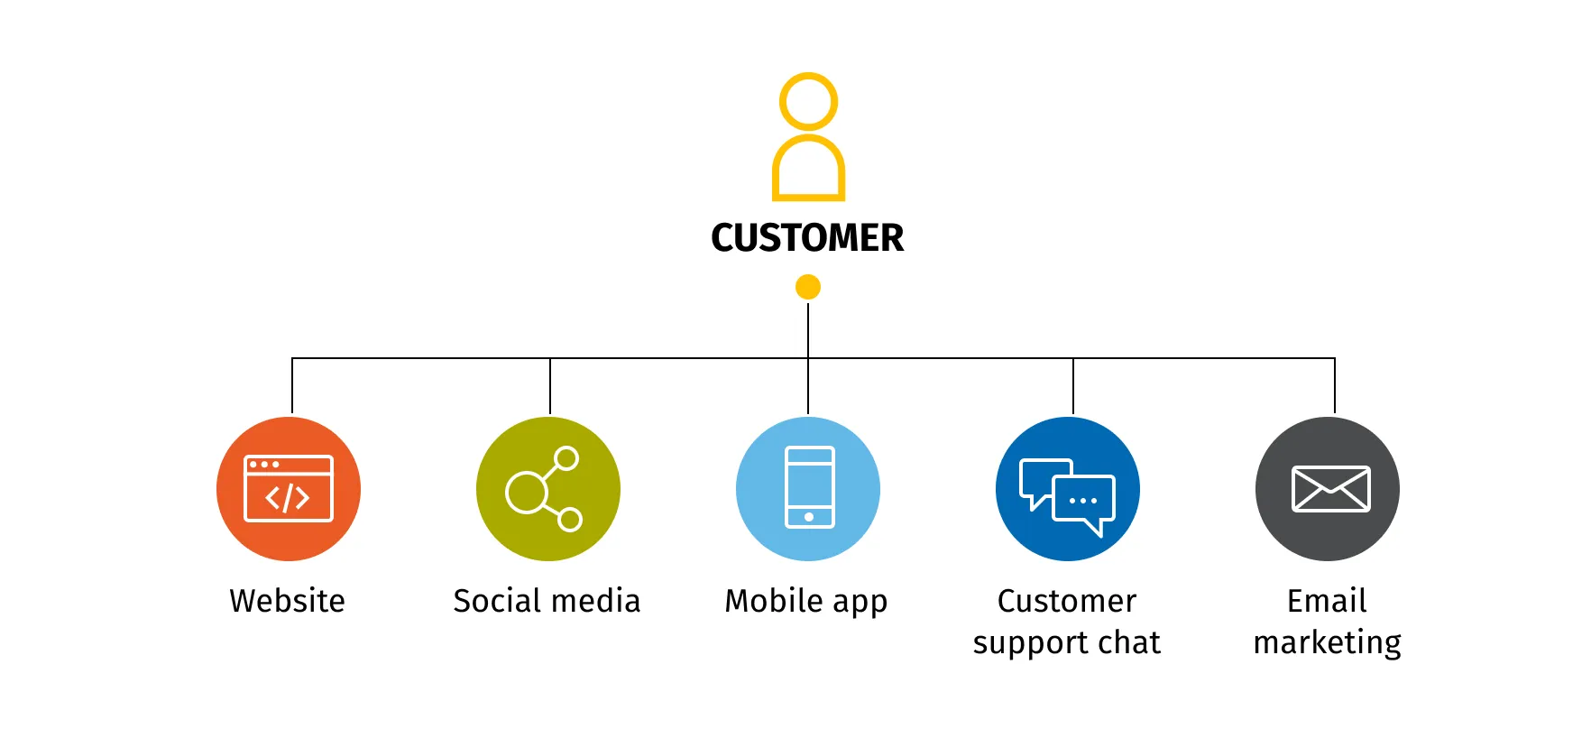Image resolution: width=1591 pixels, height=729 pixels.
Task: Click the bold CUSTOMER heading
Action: (x=807, y=238)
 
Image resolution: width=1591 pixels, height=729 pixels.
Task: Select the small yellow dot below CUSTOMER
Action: (x=808, y=287)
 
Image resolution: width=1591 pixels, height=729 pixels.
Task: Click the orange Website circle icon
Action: (x=289, y=489)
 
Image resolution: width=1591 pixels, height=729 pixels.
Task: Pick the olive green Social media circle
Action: (x=548, y=489)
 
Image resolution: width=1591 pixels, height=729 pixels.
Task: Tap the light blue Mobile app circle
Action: (x=808, y=489)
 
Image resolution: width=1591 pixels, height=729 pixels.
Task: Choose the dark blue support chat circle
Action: (x=1068, y=489)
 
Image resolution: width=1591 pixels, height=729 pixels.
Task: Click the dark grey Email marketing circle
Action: (x=1328, y=489)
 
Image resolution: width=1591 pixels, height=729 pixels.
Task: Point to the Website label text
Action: (x=288, y=601)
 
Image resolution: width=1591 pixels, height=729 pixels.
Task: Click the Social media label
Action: (x=547, y=601)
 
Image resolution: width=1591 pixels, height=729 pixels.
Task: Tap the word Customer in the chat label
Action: (x=1067, y=601)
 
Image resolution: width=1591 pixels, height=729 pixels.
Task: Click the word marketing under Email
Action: (x=1328, y=643)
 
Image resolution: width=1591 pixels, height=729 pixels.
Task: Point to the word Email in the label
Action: (x=1327, y=601)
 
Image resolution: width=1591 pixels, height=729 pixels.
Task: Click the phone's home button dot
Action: (x=809, y=517)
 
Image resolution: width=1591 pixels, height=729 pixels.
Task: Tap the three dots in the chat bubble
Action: (x=1083, y=501)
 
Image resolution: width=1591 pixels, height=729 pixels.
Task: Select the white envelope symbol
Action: (x=1331, y=489)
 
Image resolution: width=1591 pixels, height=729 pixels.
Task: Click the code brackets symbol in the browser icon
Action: (x=288, y=497)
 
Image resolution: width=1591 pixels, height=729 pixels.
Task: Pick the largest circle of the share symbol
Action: (x=527, y=492)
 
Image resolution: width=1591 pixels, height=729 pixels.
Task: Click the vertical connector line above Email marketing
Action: (x=1335, y=386)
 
